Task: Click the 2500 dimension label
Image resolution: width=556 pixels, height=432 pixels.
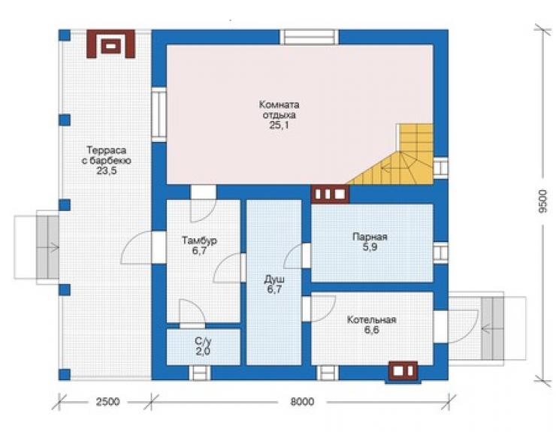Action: tap(107, 402)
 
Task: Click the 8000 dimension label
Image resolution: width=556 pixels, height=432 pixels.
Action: tap(302, 402)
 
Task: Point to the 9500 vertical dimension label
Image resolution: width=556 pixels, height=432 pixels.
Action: tap(543, 201)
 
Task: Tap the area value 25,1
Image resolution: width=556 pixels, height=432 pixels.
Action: tap(279, 125)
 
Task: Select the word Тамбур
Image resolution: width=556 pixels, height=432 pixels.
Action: tap(200, 241)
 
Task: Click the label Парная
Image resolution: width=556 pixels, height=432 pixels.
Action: tap(370, 237)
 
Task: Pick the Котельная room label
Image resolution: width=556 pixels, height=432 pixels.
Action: tap(372, 320)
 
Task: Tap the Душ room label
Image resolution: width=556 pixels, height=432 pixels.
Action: tap(274, 279)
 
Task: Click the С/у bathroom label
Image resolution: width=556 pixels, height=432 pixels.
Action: tap(203, 342)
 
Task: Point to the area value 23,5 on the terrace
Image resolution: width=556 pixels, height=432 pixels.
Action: tap(107, 171)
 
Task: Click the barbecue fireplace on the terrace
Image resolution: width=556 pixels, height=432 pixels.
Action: tap(111, 44)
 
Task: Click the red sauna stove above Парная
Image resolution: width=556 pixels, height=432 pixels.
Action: tap(330, 195)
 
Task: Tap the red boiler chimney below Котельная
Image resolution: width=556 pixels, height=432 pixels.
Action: tap(403, 371)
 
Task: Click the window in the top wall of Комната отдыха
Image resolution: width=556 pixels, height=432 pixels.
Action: tap(309, 38)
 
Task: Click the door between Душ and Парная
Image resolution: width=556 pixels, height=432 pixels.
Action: tap(297, 255)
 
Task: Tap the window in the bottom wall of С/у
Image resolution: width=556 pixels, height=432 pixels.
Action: tap(199, 373)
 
